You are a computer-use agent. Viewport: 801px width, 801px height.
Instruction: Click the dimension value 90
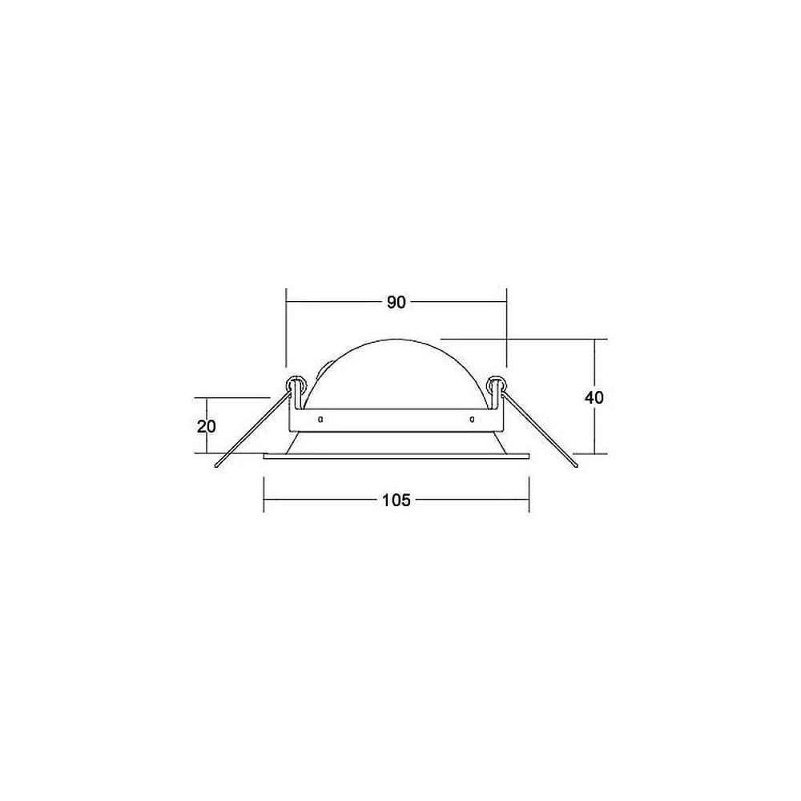pyautogui.click(x=396, y=303)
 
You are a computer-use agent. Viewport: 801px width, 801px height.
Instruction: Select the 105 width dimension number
pyautogui.click(x=396, y=500)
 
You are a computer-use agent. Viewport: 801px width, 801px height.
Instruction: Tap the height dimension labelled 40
pyautogui.click(x=594, y=397)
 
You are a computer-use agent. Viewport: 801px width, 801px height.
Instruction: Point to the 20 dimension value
pyautogui.click(x=207, y=426)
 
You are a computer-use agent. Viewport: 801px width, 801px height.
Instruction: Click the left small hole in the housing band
pyautogui.click(x=320, y=420)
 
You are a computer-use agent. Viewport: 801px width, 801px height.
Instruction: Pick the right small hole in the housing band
pyautogui.click(x=472, y=420)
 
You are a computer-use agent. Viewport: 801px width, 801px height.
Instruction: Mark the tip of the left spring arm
pyautogui.click(x=217, y=466)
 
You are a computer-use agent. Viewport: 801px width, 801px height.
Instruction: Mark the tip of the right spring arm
pyautogui.click(x=576, y=466)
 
